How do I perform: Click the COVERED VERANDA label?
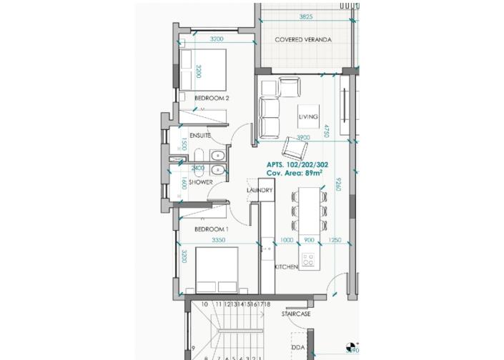(x=304, y=40)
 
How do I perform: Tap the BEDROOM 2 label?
(x=212, y=98)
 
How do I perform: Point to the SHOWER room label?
(x=200, y=182)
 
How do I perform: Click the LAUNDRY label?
(x=260, y=191)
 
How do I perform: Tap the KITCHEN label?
(x=287, y=266)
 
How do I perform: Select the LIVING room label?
(x=308, y=116)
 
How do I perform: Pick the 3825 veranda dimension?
(x=305, y=16)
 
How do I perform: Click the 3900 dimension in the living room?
(x=302, y=137)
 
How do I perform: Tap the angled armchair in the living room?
(x=293, y=149)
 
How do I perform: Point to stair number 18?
(x=267, y=304)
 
